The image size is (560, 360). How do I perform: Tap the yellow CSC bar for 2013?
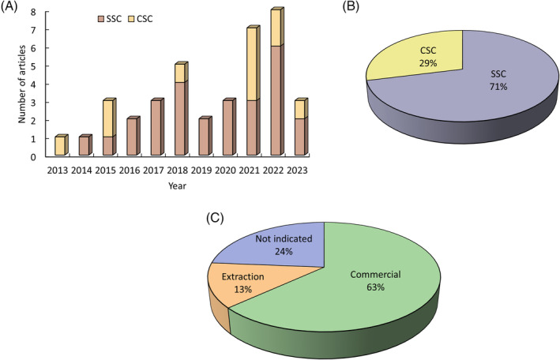(59, 147)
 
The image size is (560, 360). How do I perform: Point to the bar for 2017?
(156, 129)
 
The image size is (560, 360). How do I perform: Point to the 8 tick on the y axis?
(33, 12)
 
